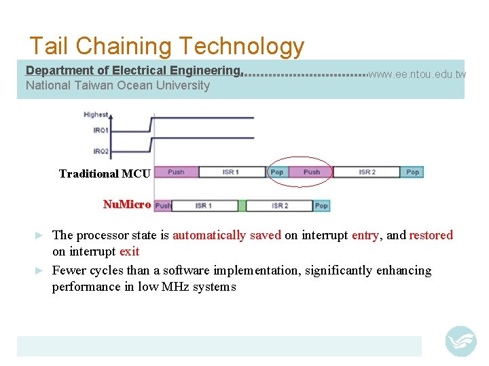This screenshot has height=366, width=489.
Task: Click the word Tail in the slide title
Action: [x=50, y=46]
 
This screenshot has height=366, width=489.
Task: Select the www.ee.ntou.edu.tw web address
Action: [x=417, y=74]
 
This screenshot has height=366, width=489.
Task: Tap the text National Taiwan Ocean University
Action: [x=117, y=85]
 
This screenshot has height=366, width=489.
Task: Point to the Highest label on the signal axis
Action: [x=96, y=115]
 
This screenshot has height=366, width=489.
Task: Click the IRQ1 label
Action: [x=101, y=130]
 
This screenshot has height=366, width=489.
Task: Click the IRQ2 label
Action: [x=101, y=150]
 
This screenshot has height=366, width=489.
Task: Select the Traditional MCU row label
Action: [x=105, y=174]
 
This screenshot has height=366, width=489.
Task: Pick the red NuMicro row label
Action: [x=126, y=204]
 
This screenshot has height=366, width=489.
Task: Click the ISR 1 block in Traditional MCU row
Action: [x=231, y=172]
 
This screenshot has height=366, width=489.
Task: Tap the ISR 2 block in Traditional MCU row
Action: [x=367, y=172]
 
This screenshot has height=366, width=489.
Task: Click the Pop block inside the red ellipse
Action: [x=277, y=172]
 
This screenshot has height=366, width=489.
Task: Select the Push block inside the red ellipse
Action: [x=312, y=172]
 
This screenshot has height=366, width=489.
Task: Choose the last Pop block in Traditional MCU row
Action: [x=412, y=172]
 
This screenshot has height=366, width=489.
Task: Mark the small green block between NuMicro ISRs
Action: [x=242, y=205]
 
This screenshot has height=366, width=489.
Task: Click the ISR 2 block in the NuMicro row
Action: [x=279, y=205]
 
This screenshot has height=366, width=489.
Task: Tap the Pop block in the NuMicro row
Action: [x=321, y=205]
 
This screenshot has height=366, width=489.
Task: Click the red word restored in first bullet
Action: [x=431, y=235]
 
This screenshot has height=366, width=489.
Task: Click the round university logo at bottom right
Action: [x=460, y=341]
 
